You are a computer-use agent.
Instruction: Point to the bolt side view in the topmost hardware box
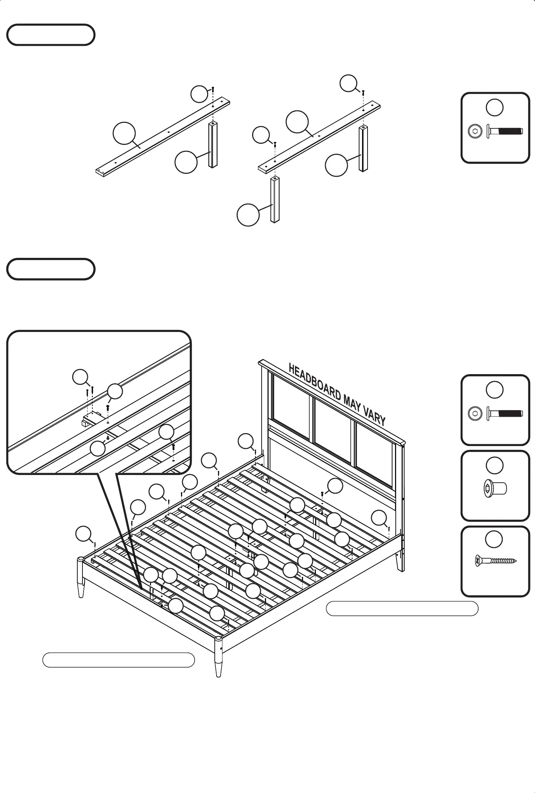pyautogui.click(x=505, y=131)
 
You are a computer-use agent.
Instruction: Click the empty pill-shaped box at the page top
pyautogui.click(x=51, y=35)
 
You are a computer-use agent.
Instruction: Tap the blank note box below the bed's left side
pyautogui.click(x=118, y=660)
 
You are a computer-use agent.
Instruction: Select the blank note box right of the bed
pyautogui.click(x=402, y=609)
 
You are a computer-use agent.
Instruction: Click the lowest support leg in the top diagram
pyautogui.click(x=275, y=200)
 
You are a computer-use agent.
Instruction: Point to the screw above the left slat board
pyautogui.click(x=213, y=89)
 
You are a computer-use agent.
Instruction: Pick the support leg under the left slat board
pyautogui.click(x=213, y=145)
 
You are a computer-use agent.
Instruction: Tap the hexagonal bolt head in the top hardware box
pyautogui.click(x=475, y=131)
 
